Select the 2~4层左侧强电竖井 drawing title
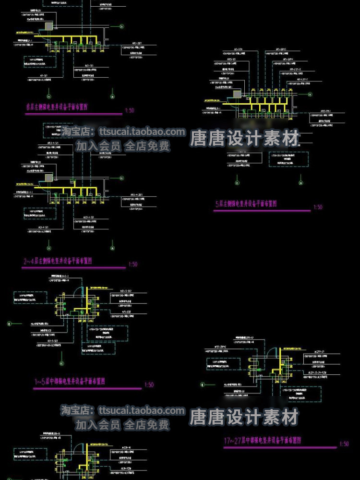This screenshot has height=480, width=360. click(58, 261)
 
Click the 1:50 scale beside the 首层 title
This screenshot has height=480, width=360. click(129, 110)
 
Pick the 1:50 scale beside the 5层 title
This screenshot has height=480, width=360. click(318, 207)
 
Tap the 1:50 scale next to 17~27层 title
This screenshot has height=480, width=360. click(344, 444)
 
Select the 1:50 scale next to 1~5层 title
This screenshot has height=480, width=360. click(149, 384)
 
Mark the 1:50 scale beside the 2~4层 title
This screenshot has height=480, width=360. click(133, 264)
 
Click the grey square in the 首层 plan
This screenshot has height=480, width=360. click(48, 26)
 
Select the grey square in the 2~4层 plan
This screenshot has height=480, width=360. click(49, 178)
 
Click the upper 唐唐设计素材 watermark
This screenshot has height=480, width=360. click(244, 139)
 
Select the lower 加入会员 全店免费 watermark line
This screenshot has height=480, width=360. click(122, 424)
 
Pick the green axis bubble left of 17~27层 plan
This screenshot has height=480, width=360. click(202, 384)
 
